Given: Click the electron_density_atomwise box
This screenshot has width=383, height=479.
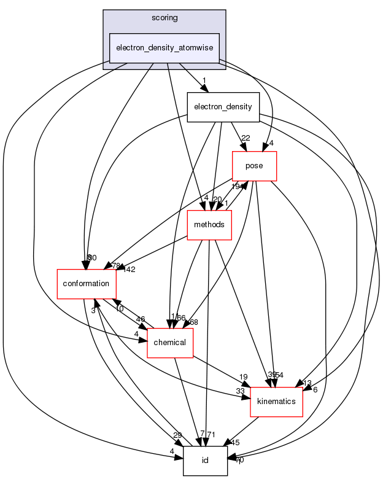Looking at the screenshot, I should pyautogui.click(x=164, y=48).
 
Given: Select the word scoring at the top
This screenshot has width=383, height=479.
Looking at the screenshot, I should pyautogui.click(x=164, y=18).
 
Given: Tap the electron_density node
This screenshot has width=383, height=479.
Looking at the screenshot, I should pyautogui.click(x=223, y=107).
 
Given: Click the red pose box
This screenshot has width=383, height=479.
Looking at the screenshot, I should pyautogui.click(x=253, y=166).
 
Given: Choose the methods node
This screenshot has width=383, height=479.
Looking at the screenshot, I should pyautogui.click(x=209, y=225).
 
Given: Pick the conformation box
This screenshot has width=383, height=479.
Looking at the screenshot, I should pyautogui.click(x=86, y=284).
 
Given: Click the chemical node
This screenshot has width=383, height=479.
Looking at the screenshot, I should pyautogui.click(x=170, y=342).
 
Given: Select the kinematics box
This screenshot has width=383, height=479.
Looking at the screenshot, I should pyautogui.click(x=276, y=401).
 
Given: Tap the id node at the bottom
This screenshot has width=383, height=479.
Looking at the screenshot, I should pyautogui.click(x=205, y=461).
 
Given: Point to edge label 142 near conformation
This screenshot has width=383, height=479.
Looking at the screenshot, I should pyautogui.click(x=129, y=269).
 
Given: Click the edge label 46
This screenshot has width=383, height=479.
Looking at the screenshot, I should pyautogui.click(x=140, y=319).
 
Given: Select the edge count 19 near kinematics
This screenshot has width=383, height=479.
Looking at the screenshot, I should pyautogui.click(x=243, y=377).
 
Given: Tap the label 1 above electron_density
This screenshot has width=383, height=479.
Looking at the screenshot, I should pyautogui.click(x=203, y=80).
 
